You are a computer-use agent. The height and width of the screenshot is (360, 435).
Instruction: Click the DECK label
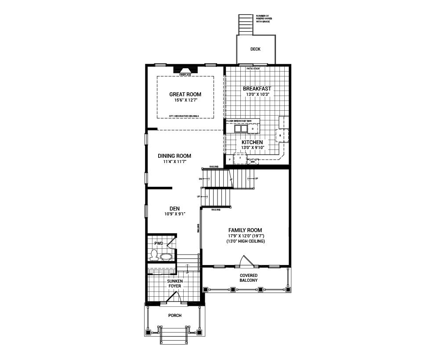pyautogui.click(x=255, y=49)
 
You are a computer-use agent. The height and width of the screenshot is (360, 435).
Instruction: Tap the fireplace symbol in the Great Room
pyautogui.click(x=185, y=70)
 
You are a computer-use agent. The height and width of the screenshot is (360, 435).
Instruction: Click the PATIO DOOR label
pyautogui.click(x=253, y=69)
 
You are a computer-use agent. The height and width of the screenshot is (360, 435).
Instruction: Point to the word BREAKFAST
pyautogui.click(x=257, y=88)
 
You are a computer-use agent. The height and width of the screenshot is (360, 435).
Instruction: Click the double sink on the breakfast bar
pyautogui.click(x=241, y=129)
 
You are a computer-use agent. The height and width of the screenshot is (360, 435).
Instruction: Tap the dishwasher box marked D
pyautogui.click(x=253, y=129)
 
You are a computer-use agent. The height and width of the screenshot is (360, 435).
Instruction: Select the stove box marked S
pyautogui.click(x=280, y=136)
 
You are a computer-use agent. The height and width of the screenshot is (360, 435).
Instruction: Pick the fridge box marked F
pyautogui.click(x=240, y=158)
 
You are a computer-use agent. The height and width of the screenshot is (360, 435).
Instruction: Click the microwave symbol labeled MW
pyautogui.click(x=253, y=162)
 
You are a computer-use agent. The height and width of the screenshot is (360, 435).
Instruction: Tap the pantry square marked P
pyautogui.click(x=229, y=159)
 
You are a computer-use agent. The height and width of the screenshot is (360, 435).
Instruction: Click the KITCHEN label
pyautogui.click(x=252, y=142)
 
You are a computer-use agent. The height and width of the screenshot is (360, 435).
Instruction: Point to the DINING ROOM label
pyautogui.click(x=174, y=156)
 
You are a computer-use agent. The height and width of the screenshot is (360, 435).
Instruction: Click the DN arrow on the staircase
pyautogui.click(x=201, y=179)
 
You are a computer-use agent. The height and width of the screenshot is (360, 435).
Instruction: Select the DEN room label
pyautogui.click(x=174, y=209)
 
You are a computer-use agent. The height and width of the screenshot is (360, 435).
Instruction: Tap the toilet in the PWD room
pyautogui.click(x=154, y=255)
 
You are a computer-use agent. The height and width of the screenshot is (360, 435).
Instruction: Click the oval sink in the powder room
pyautogui.click(x=166, y=256)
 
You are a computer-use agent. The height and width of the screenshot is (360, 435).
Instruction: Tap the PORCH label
pyautogui.click(x=174, y=316)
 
